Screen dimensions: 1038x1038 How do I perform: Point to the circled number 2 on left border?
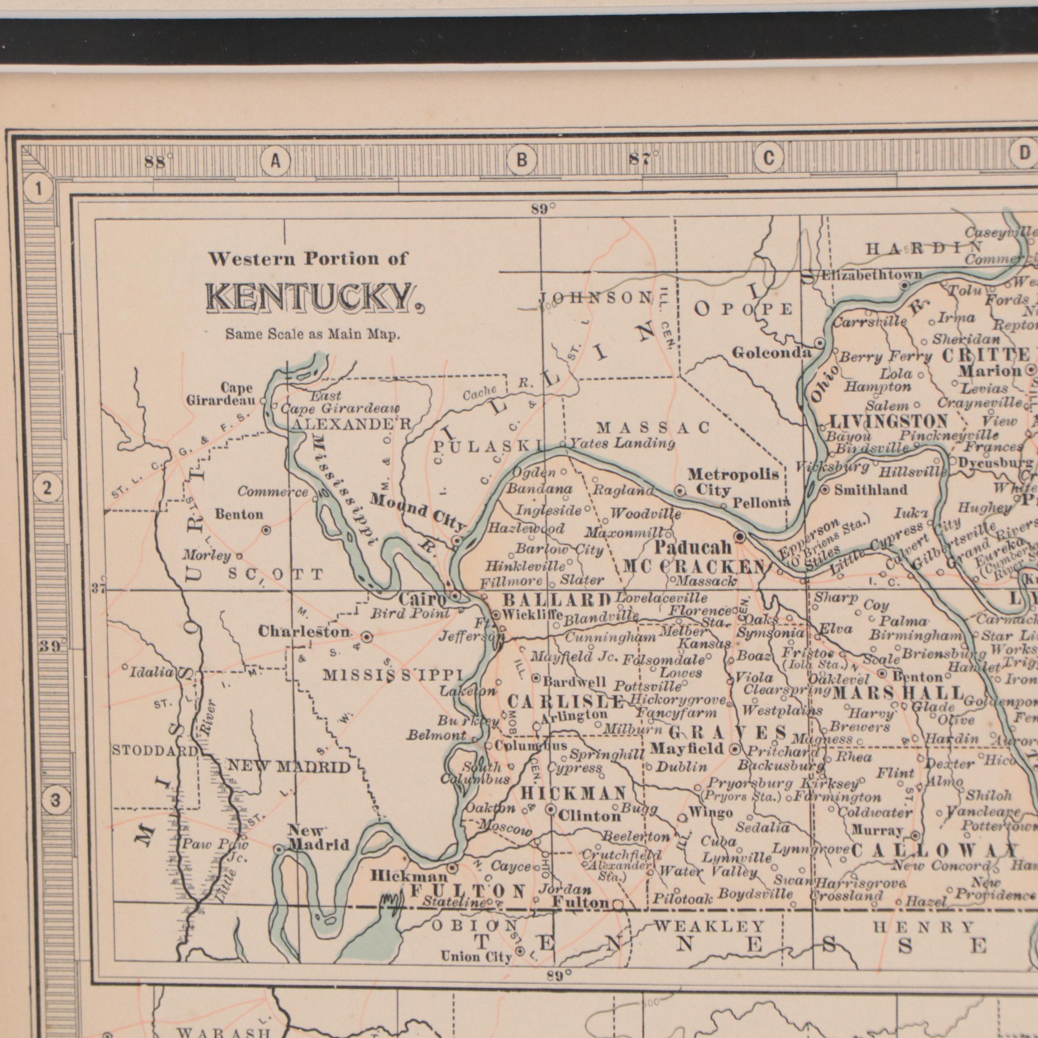(47, 489)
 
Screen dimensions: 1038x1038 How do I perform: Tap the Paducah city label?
(693, 548)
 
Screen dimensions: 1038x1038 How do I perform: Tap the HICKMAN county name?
(574, 793)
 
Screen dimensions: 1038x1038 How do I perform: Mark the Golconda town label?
(772, 353)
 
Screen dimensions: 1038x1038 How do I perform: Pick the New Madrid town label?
(318, 838)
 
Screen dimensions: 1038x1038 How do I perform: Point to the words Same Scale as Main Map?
(313, 335)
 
